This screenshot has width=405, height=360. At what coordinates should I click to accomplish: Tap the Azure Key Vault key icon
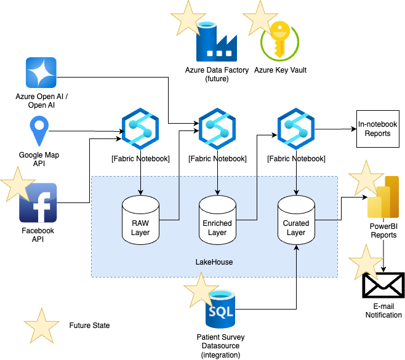point(280,42)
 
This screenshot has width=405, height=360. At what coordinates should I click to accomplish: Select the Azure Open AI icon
point(41,73)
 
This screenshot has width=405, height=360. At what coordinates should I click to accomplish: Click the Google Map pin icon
point(39,132)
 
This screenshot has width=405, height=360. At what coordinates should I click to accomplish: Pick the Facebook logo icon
point(39,203)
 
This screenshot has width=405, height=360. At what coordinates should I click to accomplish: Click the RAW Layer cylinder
point(141,219)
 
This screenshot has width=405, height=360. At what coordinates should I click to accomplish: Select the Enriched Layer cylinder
point(218,219)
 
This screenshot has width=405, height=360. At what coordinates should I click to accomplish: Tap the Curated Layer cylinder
point(296,219)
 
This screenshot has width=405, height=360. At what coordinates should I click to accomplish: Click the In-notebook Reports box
point(377,129)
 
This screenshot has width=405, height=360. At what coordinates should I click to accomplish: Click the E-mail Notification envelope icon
point(382,286)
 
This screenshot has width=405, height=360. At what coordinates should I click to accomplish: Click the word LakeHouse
point(214,263)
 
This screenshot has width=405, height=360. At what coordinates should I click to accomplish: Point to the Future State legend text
point(89,325)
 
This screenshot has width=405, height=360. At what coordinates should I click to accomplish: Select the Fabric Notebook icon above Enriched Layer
point(218,127)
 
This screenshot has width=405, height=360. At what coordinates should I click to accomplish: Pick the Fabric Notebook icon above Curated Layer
point(296,127)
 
